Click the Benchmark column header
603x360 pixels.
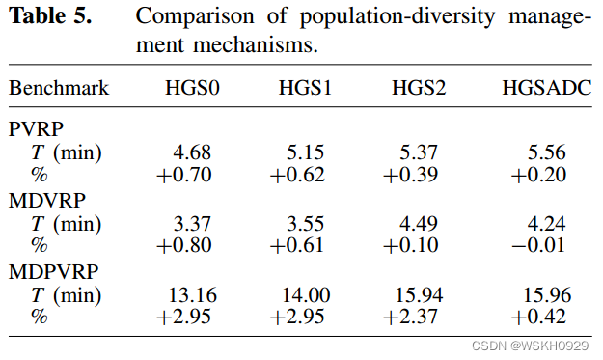tap(59, 89)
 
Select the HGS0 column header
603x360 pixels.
tap(192, 89)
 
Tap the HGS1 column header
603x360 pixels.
tap(306, 89)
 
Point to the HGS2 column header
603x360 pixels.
tap(418, 89)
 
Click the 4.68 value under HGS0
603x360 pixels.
tap(192, 152)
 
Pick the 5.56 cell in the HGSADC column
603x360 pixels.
tap(547, 152)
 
